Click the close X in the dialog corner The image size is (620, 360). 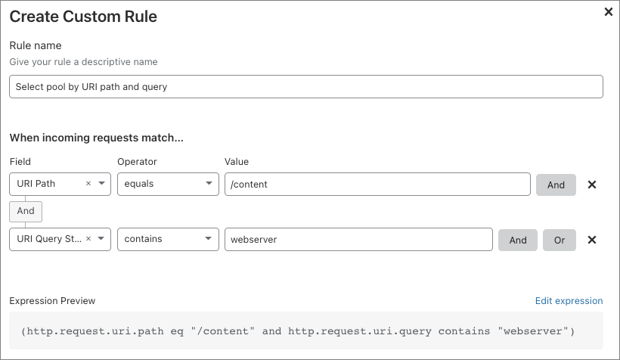tap(609, 12)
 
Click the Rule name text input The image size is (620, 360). tap(306, 87)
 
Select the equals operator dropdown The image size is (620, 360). tap(168, 185)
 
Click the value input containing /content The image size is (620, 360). tap(377, 185)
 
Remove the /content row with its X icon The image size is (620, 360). tap(592, 185)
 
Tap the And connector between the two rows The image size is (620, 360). tap(26, 211)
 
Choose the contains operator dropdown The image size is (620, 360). tap(168, 240)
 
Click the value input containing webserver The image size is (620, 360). tap(358, 240)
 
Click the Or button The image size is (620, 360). tap(559, 240)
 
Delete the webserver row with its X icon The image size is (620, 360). tap(592, 240)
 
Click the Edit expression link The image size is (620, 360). tap(569, 300)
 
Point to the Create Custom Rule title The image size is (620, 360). tap(83, 17)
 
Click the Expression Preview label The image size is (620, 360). tap(53, 301)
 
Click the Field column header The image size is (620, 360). tap(20, 161)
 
